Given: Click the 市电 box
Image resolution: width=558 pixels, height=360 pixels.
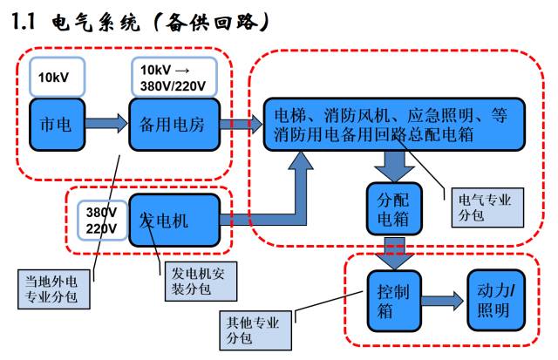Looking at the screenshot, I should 58,124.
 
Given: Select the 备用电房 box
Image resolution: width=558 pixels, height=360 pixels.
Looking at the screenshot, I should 171,124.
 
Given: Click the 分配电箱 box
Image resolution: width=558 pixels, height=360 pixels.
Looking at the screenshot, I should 387,207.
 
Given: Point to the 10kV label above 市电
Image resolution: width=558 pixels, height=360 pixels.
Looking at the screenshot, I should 58,77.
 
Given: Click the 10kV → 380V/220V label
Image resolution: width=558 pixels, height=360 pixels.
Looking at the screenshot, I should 172,77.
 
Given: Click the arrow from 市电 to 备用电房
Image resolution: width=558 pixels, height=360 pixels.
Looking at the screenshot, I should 108,124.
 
